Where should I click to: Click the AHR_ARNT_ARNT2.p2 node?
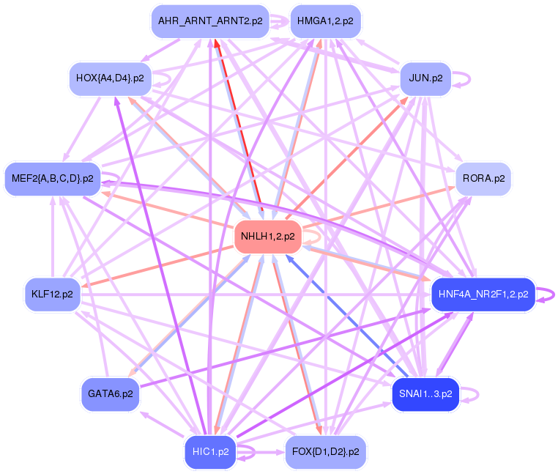click(209, 21)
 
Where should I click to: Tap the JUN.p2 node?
click(425, 78)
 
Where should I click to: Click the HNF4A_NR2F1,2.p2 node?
click(483, 295)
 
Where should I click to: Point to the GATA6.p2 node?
click(110, 394)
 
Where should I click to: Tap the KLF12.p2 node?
click(52, 295)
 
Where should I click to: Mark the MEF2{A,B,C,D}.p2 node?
click(52, 178)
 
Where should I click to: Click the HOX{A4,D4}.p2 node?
click(110, 78)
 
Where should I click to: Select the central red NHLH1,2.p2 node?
click(267, 236)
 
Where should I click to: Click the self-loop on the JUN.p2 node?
click(461, 78)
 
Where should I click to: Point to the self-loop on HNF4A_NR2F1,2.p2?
click(547, 295)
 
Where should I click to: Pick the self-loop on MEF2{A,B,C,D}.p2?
click(112, 178)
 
